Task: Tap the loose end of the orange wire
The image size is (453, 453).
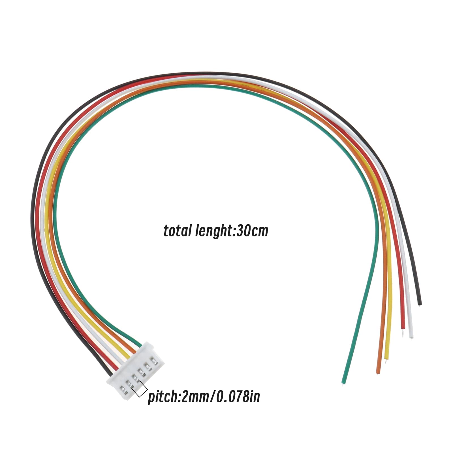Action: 378,373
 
